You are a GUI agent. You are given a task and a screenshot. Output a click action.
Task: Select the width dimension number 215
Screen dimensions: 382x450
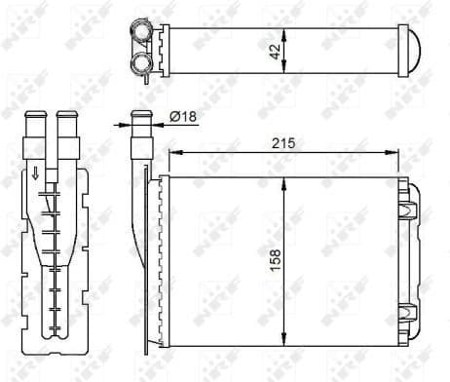284,142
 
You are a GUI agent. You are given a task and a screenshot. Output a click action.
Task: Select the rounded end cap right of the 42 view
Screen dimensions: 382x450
414,49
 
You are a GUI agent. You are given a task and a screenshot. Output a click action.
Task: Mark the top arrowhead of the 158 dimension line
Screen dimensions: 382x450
284,181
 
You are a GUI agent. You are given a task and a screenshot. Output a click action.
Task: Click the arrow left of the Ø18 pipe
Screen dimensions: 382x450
125,123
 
